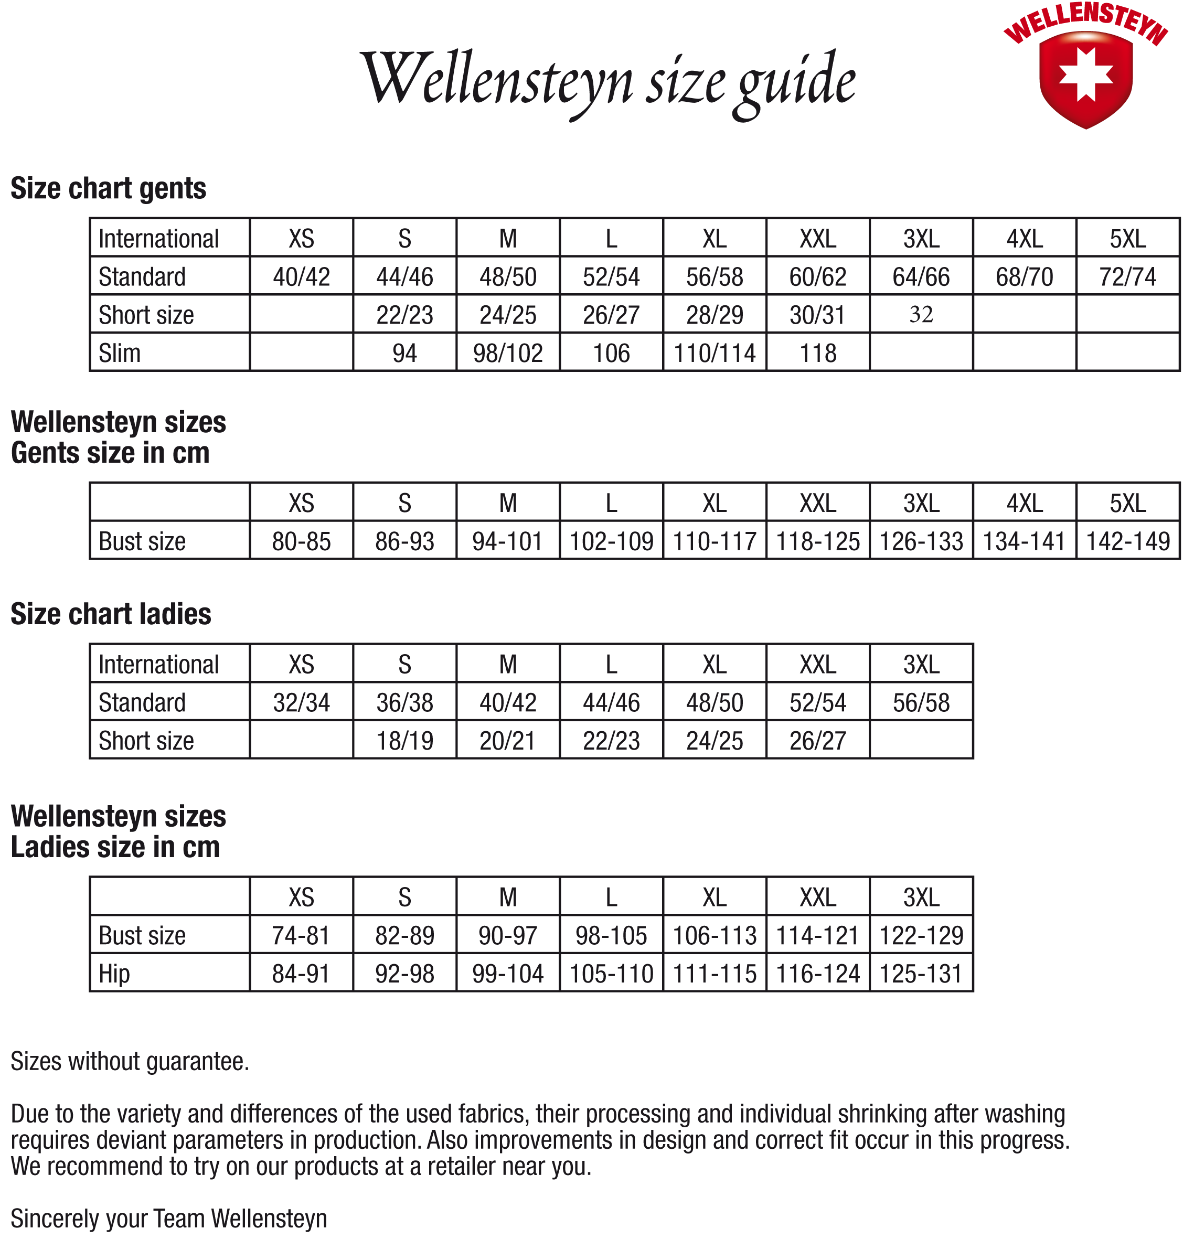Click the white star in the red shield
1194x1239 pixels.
coord(1085,74)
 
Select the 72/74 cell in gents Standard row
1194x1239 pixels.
coord(1127,277)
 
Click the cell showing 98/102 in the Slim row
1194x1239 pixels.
coord(508,353)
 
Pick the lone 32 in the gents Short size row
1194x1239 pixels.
coord(921,314)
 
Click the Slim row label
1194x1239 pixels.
coord(120,353)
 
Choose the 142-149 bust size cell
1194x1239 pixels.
coord(1127,541)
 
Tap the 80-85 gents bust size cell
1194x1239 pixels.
coord(301,541)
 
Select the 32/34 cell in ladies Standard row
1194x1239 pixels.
coord(301,702)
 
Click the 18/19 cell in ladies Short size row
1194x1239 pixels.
coord(404,740)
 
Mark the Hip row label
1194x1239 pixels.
coord(114,974)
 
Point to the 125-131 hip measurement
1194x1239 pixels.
coord(921,974)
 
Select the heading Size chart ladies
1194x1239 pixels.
coord(111,614)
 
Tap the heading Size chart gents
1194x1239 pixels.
coord(109,188)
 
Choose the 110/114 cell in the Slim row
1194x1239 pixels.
coord(715,353)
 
